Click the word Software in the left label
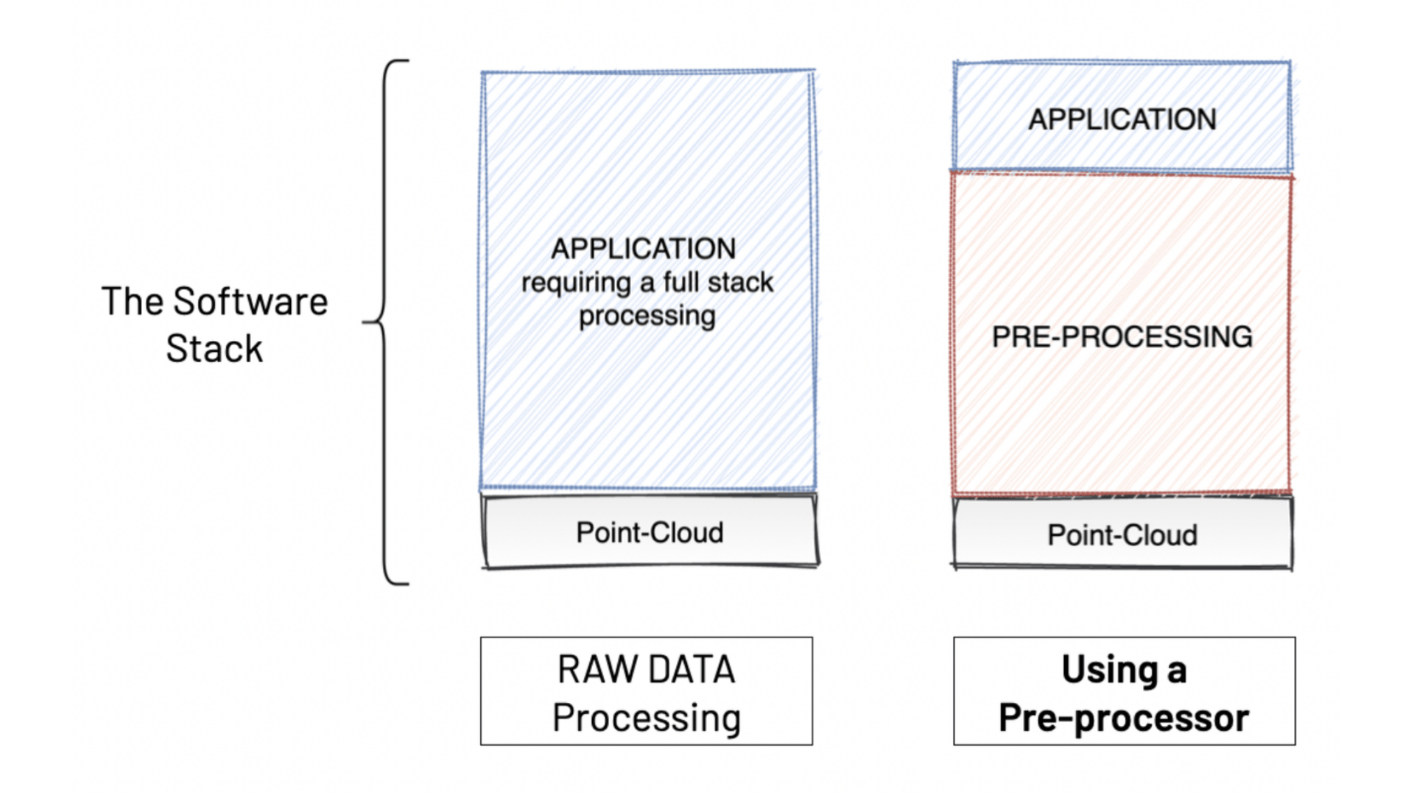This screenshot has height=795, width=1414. tap(250, 302)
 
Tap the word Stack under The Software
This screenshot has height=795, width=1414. tap(214, 349)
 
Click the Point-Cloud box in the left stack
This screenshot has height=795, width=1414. tap(650, 531)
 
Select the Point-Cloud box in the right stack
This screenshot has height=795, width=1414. tap(1122, 534)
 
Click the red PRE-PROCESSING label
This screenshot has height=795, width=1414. tap(1122, 337)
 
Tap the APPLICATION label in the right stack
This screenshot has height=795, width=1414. tap(1122, 119)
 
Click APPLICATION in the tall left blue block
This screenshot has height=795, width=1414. tap(644, 249)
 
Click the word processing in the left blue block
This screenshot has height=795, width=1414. tap(647, 316)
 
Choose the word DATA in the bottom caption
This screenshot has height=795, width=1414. tap(692, 670)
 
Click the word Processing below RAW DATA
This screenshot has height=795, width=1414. tap(647, 718)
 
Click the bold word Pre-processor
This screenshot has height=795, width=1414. tap(1124, 718)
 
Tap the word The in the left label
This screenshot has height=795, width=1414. tap(132, 302)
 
